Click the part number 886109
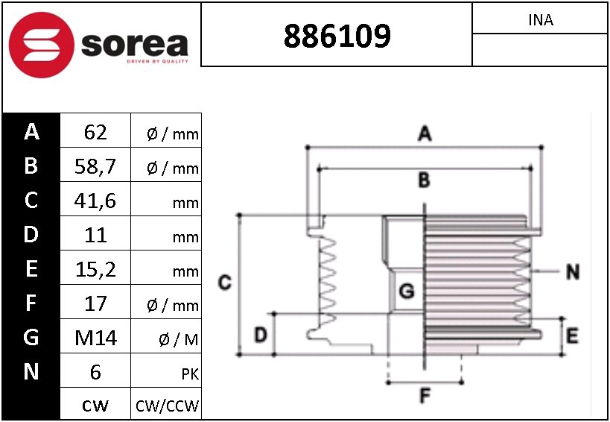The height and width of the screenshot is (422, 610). (x=337, y=35)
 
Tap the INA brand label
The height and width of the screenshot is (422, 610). (x=540, y=20)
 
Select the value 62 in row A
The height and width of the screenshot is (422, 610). (x=95, y=133)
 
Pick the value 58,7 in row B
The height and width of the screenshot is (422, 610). (x=95, y=166)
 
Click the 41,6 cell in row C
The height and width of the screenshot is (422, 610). (x=95, y=201)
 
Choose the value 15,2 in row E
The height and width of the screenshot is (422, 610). (x=95, y=269)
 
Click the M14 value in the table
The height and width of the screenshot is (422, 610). (x=95, y=338)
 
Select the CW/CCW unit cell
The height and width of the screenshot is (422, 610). (x=167, y=406)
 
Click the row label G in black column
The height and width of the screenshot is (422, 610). (x=31, y=338)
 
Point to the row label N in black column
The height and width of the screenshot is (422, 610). (x=31, y=371)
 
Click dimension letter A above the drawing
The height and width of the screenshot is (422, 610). (x=424, y=134)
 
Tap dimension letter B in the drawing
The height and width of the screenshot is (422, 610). (x=423, y=180)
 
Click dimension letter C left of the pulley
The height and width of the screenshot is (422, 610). (x=223, y=283)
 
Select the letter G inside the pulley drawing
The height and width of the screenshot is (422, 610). (x=406, y=292)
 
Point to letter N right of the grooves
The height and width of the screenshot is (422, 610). (x=572, y=272)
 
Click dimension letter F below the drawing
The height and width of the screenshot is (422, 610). (x=425, y=396)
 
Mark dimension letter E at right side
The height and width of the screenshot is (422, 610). (x=571, y=336)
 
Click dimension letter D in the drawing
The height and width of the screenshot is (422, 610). (x=260, y=336)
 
